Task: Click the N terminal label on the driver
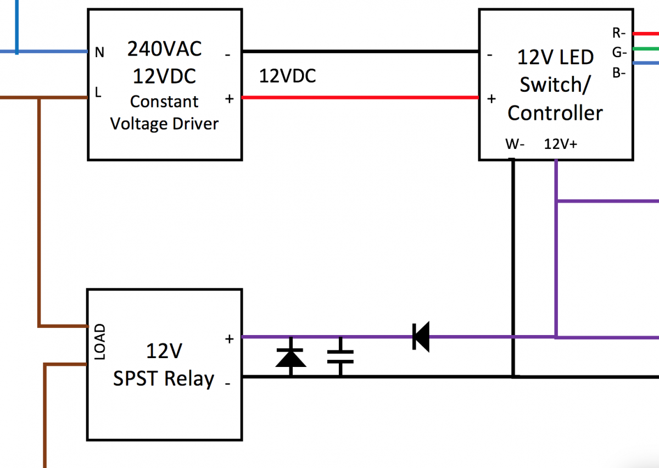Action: [99, 52]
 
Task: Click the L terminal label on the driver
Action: [98, 93]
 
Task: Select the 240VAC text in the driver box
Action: [165, 49]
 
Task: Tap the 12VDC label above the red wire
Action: [287, 76]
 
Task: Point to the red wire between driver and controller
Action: [360, 98]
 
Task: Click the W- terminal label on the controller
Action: [515, 144]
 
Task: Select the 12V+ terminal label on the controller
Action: [560, 144]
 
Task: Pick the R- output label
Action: [619, 33]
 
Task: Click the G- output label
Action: [619, 53]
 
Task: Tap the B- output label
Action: [619, 72]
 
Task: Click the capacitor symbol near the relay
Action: [340, 357]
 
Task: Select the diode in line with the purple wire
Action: [421, 337]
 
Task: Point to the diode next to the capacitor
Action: [291, 358]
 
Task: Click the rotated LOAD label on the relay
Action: [100, 342]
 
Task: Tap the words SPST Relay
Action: [164, 379]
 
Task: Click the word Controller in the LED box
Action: [555, 113]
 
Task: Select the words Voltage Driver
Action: [164, 124]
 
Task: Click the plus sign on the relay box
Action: [230, 339]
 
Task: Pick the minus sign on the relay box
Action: [227, 383]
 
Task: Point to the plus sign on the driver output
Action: [229, 99]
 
